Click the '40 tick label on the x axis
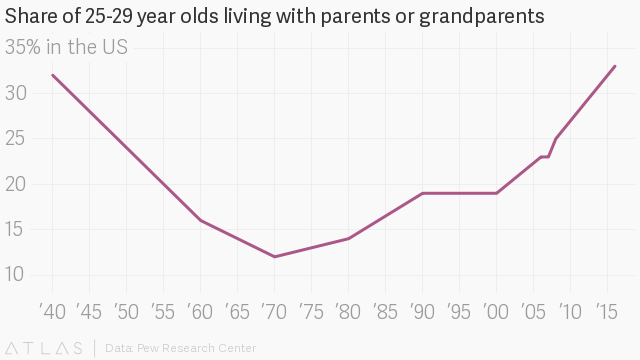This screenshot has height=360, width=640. click(52, 312)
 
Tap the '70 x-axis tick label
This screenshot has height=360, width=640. click(274, 312)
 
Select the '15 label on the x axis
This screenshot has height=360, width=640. click(607, 312)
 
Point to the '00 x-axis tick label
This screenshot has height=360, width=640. click(496, 312)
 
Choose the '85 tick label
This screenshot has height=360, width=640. click(385, 312)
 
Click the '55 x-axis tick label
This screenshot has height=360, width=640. click(163, 312)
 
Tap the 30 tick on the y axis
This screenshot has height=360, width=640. click(16, 93)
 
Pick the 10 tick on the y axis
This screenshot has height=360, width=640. click(15, 275)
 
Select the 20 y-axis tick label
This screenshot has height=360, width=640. click(16, 184)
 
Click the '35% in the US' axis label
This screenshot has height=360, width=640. click(66, 47)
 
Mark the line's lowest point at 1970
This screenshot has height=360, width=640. click(274, 257)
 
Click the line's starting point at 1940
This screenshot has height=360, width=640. click(53, 75)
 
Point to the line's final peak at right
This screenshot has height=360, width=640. click(615, 66)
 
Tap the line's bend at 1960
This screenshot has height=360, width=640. click(200, 220)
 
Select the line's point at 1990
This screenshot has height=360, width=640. click(422, 193)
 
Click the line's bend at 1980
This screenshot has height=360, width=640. click(348, 238)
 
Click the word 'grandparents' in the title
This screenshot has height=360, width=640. click(482, 17)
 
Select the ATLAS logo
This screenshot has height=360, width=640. click(44, 348)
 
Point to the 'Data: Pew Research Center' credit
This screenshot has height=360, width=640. click(180, 348)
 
